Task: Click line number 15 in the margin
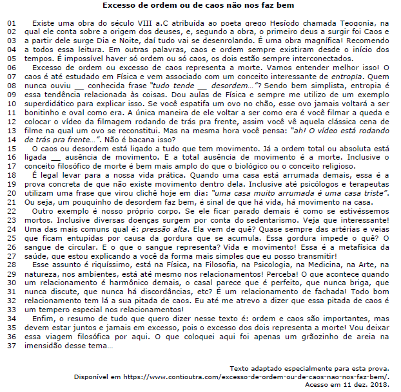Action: (x=10, y=149)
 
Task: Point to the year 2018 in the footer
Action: (x=389, y=384)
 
